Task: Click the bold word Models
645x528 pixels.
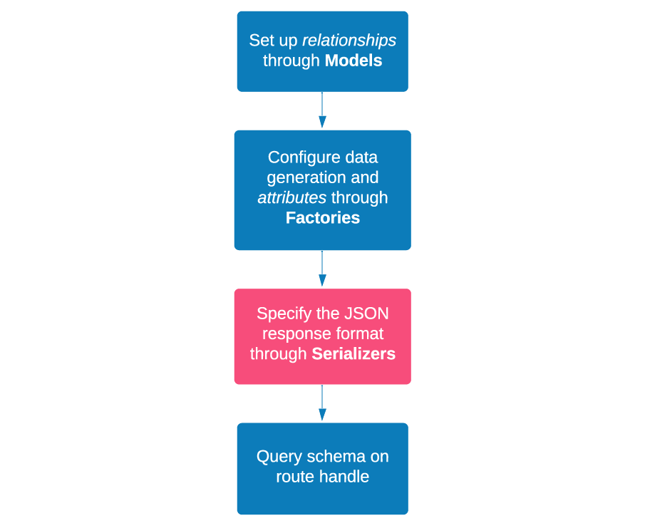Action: [353, 61]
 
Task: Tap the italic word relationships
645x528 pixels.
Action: [349, 41]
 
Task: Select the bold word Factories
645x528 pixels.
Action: [322, 218]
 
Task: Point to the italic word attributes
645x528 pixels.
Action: [291, 198]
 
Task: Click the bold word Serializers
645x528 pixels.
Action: [354, 354]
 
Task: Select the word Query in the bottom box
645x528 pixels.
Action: [279, 457]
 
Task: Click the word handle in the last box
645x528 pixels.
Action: [346, 477]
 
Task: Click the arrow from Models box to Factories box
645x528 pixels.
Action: [322, 110]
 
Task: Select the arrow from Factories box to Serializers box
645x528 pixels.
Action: [322, 269]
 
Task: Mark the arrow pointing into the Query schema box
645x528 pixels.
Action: [322, 403]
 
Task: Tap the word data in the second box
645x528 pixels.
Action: [362, 157]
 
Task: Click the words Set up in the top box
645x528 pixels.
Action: [273, 41]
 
